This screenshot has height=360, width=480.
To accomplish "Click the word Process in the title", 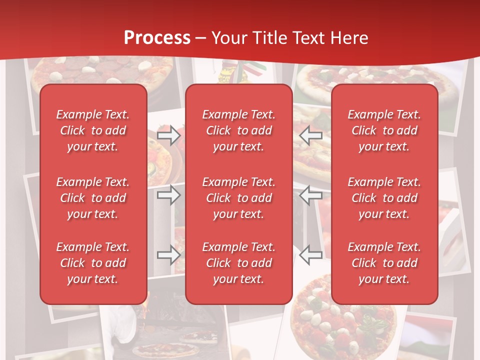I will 157,38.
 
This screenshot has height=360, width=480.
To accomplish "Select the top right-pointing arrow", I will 169,135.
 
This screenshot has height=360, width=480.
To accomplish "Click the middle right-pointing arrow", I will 169,195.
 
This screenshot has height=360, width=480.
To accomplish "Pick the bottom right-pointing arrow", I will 169,255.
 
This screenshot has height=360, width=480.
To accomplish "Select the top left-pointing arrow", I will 311,135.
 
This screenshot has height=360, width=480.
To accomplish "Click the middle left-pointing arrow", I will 311,195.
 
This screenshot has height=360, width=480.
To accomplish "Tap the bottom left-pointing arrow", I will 311,255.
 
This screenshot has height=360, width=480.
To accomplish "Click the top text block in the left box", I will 93,130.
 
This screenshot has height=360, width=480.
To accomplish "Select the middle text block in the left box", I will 93,198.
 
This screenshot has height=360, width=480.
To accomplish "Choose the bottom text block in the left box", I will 93,263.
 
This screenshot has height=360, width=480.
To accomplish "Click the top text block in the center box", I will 238,130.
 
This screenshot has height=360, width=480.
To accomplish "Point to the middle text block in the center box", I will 238,198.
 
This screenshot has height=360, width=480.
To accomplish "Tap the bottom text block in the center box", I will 238,263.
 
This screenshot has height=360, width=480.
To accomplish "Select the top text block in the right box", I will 384,130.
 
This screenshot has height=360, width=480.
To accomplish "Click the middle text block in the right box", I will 384,198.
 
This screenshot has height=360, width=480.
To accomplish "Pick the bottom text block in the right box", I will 384,263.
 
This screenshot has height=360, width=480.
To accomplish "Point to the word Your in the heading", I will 230,38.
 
